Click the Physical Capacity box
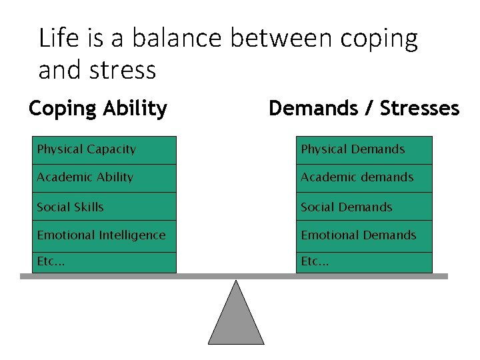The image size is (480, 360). click(x=105, y=150)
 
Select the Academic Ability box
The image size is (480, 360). click(x=105, y=178)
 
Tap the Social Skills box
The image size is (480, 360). click(x=105, y=207)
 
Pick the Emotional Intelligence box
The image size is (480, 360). click(x=105, y=235)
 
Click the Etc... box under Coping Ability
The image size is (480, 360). click(x=105, y=262)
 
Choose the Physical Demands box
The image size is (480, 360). click(x=365, y=150)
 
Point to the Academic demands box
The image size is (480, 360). click(x=365, y=178)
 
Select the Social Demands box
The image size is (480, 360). click(x=365, y=207)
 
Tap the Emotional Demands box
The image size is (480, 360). click(x=365, y=235)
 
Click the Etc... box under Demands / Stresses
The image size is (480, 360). click(x=365, y=262)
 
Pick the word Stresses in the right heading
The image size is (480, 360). click(x=419, y=108)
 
